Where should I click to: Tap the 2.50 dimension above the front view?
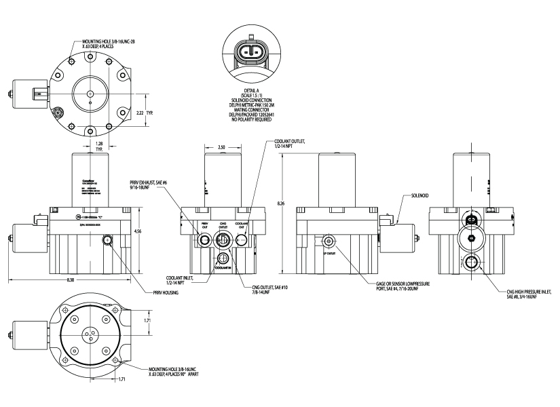[x=222, y=147]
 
